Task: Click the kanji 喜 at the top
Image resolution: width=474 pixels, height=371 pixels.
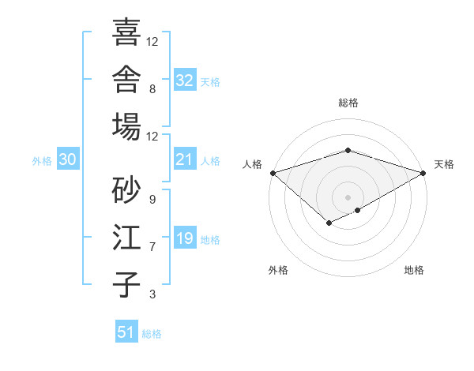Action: click(x=126, y=32)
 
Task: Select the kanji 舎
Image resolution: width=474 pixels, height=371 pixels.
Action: click(x=126, y=79)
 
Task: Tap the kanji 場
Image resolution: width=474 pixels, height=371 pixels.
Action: click(x=126, y=126)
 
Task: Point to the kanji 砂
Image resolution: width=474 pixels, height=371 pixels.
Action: click(x=126, y=189)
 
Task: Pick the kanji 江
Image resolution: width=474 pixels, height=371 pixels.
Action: click(x=126, y=237)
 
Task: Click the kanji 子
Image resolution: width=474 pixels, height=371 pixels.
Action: click(x=126, y=285)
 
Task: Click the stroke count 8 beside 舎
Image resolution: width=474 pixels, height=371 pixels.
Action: click(x=152, y=89)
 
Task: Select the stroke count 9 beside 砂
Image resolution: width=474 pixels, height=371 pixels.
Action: click(x=152, y=200)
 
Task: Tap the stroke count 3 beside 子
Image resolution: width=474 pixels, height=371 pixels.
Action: click(x=152, y=294)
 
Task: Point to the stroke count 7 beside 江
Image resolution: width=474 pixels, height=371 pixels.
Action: click(x=152, y=247)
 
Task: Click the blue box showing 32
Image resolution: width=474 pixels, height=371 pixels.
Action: click(x=185, y=80)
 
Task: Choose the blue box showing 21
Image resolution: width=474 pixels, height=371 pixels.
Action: click(x=185, y=159)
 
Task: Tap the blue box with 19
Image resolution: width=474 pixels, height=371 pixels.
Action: click(x=185, y=237)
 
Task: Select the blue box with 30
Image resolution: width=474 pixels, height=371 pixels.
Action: click(x=68, y=159)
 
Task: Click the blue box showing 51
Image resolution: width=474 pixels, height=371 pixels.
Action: click(x=126, y=331)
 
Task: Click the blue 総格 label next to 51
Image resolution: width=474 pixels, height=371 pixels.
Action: click(x=152, y=334)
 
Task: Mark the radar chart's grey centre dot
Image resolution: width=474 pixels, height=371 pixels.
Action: click(x=348, y=197)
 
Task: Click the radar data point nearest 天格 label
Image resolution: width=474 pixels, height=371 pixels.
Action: click(x=423, y=173)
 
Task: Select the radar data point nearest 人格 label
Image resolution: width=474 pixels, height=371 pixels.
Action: click(x=273, y=173)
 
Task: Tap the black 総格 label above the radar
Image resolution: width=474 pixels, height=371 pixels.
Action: click(x=348, y=103)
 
